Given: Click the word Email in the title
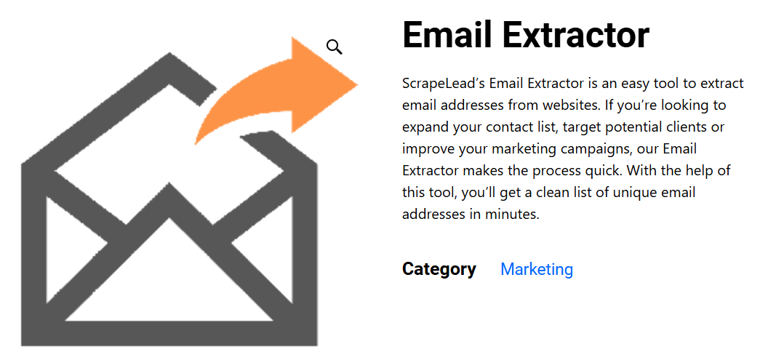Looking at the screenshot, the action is click(x=447, y=34).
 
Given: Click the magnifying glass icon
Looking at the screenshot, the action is click(x=335, y=47).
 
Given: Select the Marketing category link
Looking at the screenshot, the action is click(x=537, y=268).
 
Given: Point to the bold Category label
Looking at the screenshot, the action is click(x=439, y=269).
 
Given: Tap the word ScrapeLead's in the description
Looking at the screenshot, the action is click(x=444, y=84).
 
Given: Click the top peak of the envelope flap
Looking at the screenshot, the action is click(x=169, y=55).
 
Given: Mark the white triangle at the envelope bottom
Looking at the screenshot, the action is click(x=169, y=281).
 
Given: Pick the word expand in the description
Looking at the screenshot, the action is click(x=425, y=128).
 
